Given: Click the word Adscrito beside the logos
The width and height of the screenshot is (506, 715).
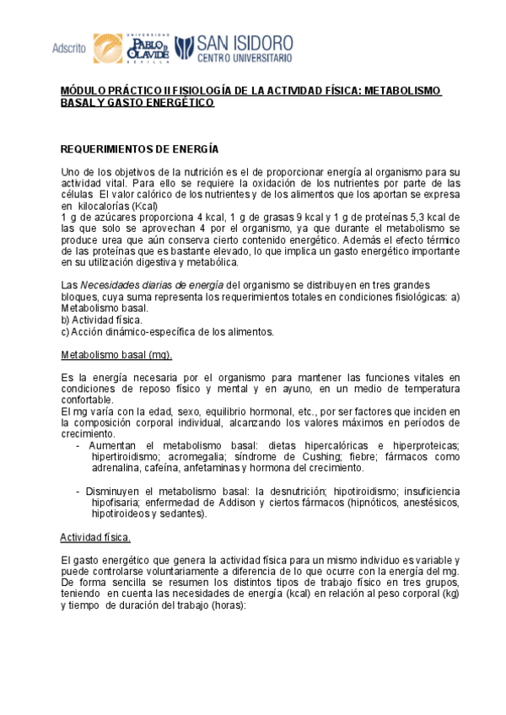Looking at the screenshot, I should click(69, 48).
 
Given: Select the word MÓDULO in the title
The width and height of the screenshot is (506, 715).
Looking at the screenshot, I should click(83, 91).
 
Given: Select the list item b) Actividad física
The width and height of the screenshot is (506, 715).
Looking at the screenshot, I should click(102, 320).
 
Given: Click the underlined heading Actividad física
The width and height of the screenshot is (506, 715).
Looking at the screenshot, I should click(94, 537).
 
